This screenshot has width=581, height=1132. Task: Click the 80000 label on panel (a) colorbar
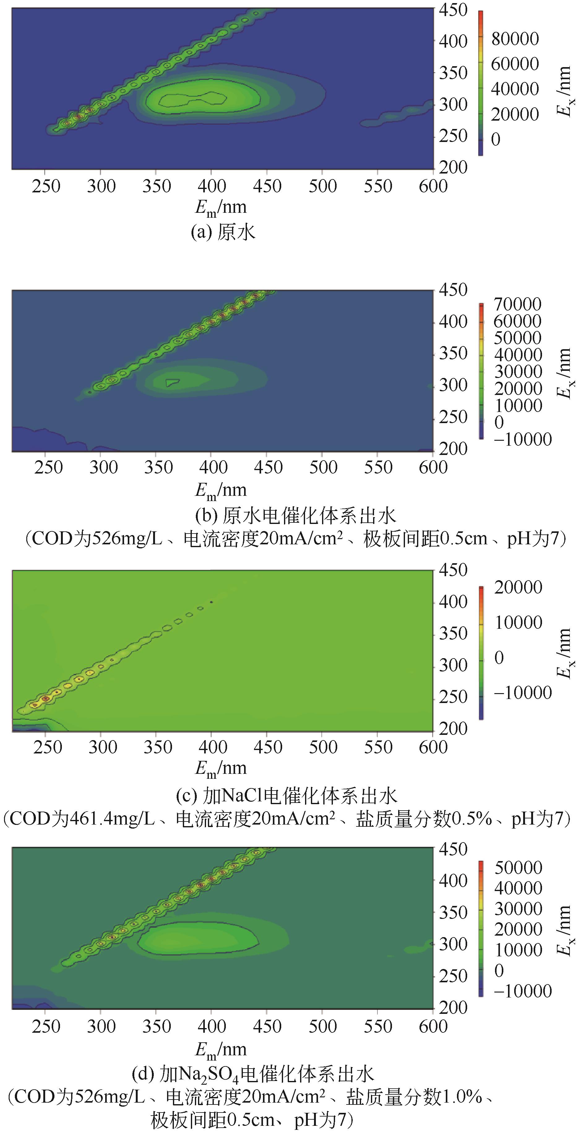point(514,39)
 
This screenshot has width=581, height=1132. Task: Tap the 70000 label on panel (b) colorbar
point(517,304)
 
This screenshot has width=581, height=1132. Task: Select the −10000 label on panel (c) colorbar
point(523,692)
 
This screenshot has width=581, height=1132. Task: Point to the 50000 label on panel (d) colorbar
point(518,868)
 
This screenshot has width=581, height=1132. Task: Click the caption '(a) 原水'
point(223,232)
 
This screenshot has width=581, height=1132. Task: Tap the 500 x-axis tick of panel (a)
point(323,186)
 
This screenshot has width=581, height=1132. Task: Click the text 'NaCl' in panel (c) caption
point(243,795)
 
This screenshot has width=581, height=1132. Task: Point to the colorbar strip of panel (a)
point(481,83)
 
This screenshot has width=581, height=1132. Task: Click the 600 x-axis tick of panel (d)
point(433,1027)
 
